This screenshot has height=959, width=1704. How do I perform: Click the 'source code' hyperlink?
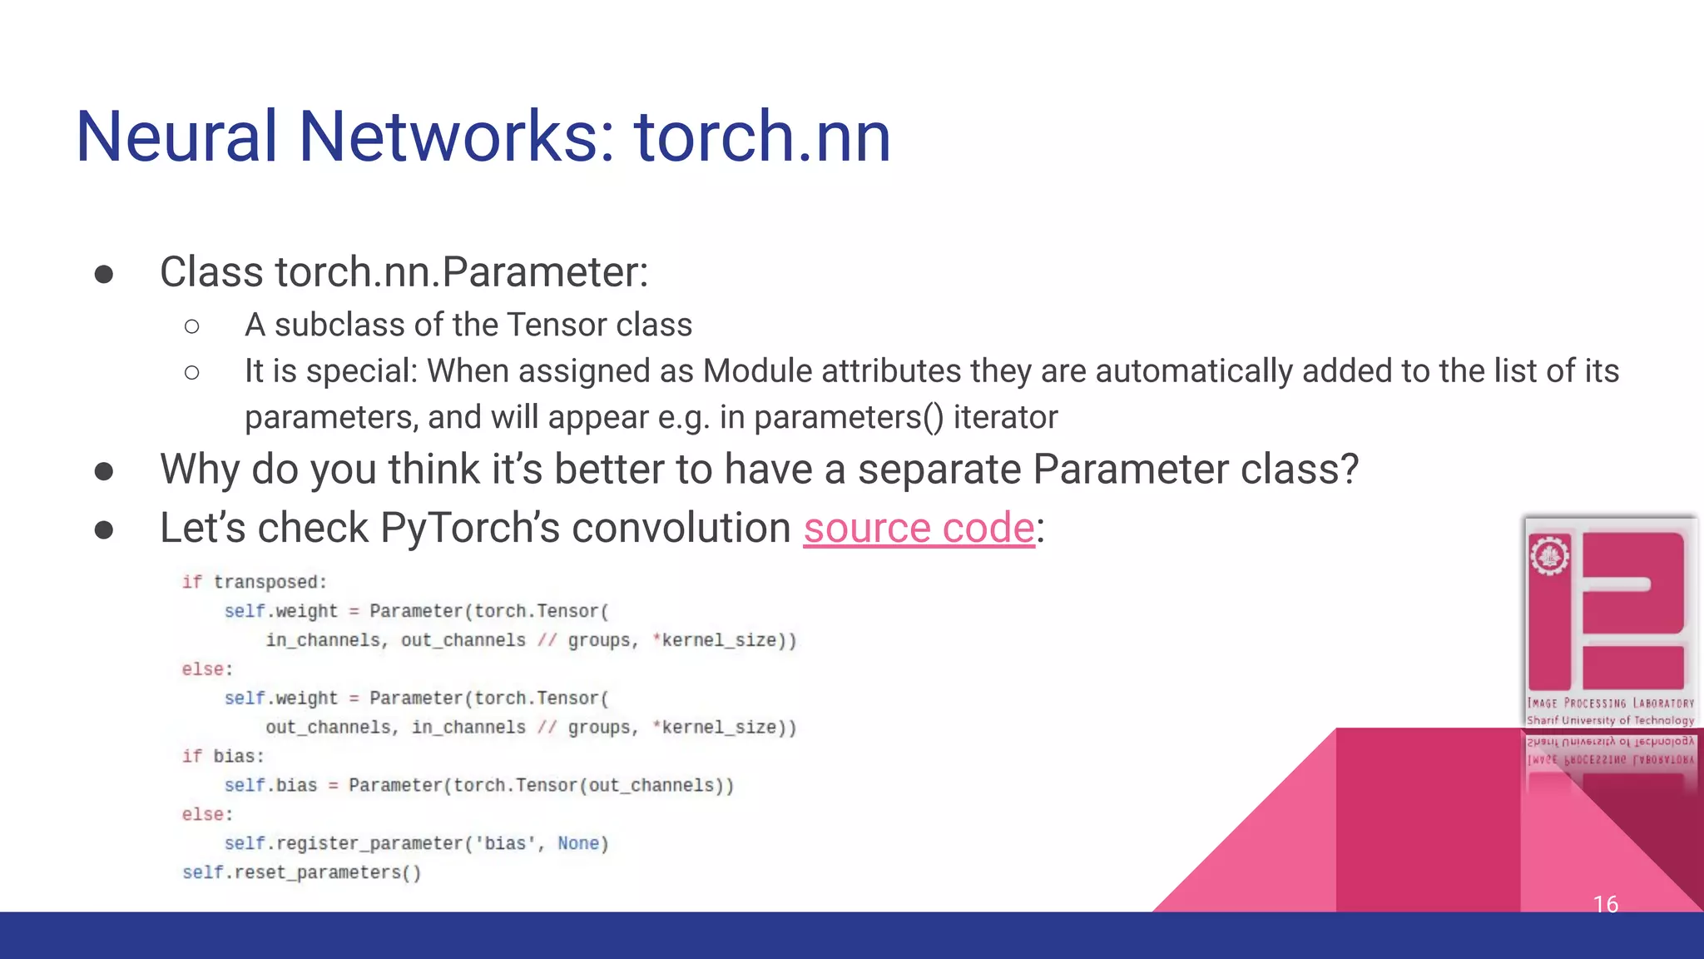click(919, 528)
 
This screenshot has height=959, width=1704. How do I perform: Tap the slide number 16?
click(1605, 904)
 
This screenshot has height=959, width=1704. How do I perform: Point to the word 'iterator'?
click(1005, 417)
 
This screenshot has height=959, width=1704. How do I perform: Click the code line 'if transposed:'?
click(255, 582)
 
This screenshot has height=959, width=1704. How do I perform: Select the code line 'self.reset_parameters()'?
click(302, 872)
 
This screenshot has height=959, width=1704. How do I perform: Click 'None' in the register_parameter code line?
click(578, 843)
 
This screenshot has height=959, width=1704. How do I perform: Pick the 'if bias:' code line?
click(223, 756)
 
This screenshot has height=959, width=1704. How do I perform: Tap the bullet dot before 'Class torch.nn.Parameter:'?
click(104, 274)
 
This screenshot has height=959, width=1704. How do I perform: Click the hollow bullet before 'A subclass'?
click(192, 326)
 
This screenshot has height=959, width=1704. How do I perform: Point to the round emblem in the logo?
click(1549, 556)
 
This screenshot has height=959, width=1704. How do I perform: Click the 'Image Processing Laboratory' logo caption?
click(1610, 703)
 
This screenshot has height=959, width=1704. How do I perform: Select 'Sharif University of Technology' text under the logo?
click(1610, 721)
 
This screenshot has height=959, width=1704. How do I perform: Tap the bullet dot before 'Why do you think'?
click(104, 471)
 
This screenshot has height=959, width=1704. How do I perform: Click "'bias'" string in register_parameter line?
click(506, 843)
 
